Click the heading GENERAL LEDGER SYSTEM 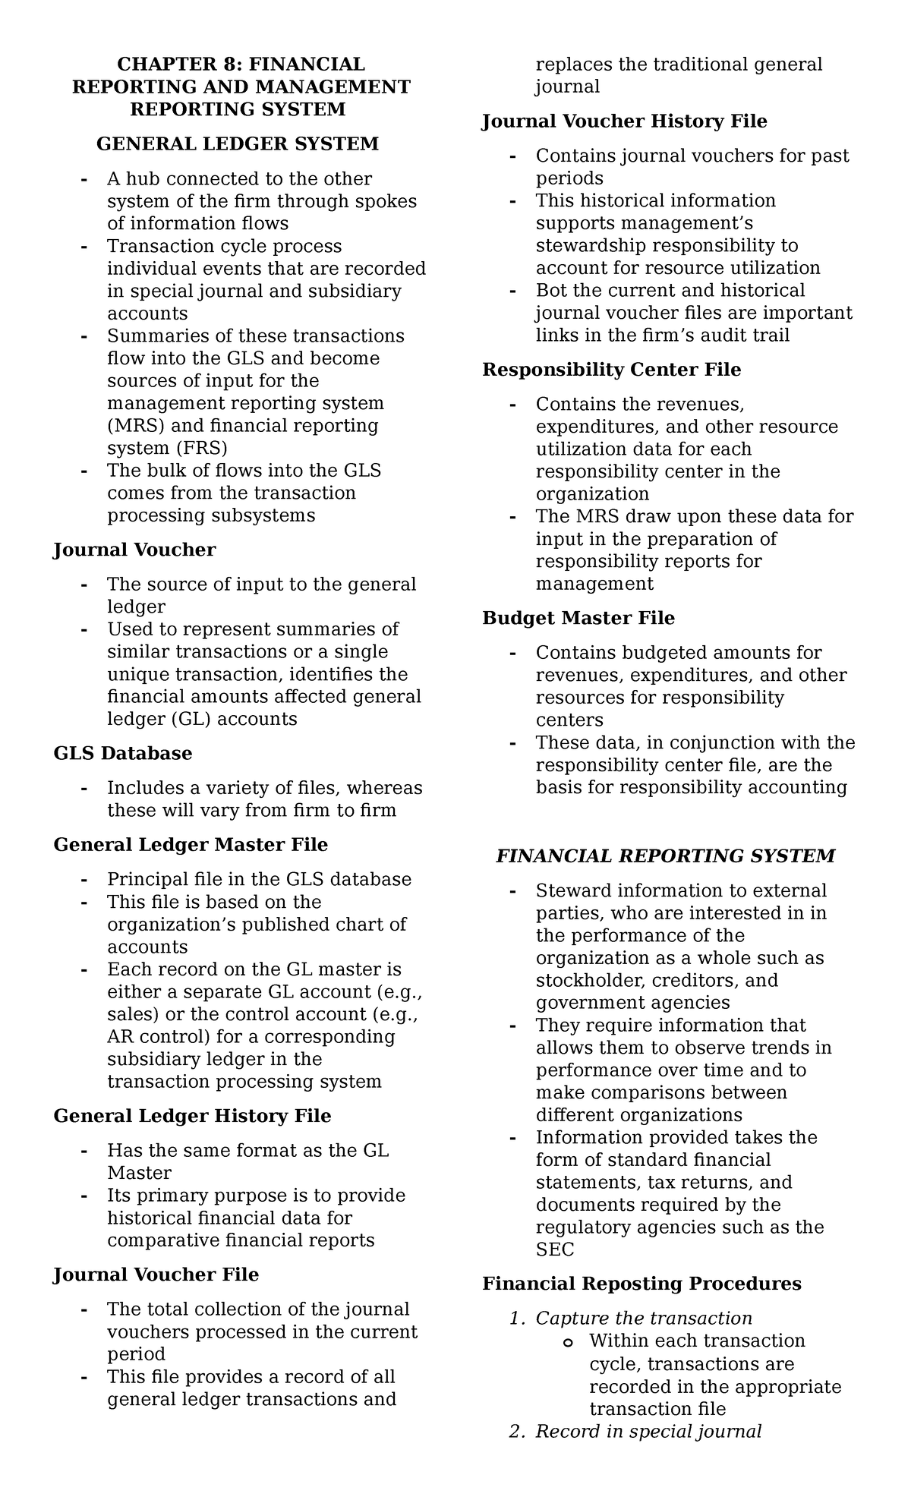pos(237,143)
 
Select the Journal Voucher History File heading pos(624,121)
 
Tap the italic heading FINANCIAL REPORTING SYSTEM pos(665,856)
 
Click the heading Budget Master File pos(578,618)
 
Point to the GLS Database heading pos(122,753)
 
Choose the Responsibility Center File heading pos(611,370)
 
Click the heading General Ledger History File pos(192,1116)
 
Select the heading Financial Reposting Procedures pos(641,1284)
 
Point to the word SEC pos(555,1249)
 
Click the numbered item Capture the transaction pos(643,1318)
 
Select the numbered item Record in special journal pos(648,1431)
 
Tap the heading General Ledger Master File pos(191,845)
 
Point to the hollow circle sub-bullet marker pos(567,1342)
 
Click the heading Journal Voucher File pos(156,1275)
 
